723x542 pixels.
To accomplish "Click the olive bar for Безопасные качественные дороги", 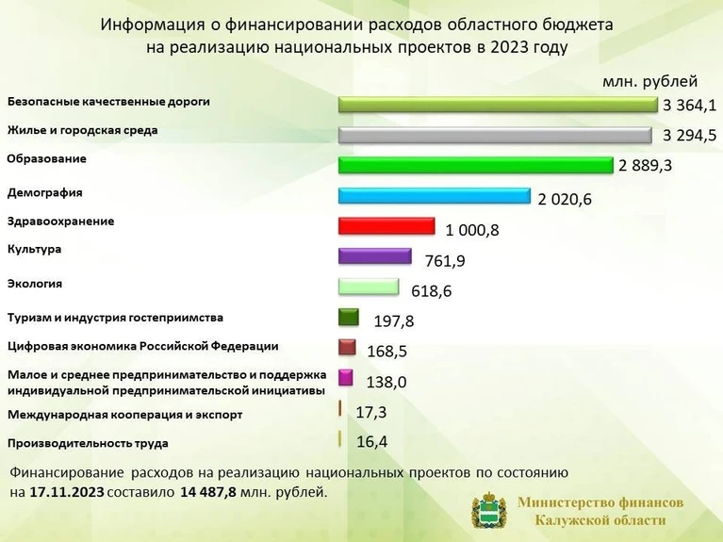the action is click(x=498, y=105).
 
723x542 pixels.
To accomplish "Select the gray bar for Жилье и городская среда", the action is click(x=495, y=135).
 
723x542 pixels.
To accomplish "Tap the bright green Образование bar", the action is click(x=476, y=165).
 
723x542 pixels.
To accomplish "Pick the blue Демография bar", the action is click(x=435, y=195).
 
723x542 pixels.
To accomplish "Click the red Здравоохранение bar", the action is click(x=386, y=226).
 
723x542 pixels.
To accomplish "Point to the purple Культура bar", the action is click(x=375, y=256).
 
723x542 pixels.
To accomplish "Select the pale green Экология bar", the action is click(x=369, y=287).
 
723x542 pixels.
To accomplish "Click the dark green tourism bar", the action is click(x=349, y=317).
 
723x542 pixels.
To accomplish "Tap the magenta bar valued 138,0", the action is click(x=345, y=377).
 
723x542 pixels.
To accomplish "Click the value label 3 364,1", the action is click(x=689, y=106).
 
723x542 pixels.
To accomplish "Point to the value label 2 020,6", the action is click(x=565, y=199).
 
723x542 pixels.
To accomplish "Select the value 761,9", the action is click(x=445, y=260).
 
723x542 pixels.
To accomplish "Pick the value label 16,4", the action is click(x=372, y=442).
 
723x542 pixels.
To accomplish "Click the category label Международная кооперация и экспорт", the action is click(x=125, y=415).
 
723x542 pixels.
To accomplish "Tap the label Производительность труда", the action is click(x=88, y=443).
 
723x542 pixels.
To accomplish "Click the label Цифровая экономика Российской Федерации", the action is click(x=143, y=347).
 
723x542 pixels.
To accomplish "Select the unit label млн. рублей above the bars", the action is click(x=650, y=81).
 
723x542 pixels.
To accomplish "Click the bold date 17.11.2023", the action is click(x=67, y=492).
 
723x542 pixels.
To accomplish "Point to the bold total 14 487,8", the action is click(x=208, y=492).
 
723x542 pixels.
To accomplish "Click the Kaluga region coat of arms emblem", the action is click(x=489, y=512).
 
